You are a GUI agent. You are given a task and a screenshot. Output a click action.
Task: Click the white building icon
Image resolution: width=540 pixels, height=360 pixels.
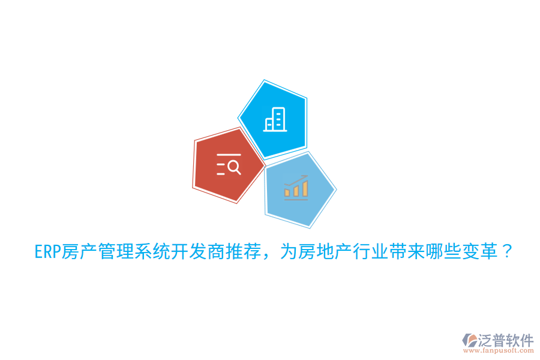(275, 120)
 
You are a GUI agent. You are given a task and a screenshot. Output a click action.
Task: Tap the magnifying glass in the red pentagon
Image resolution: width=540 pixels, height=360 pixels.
(234, 167)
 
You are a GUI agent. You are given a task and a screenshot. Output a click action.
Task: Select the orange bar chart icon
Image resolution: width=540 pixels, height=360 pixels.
(296, 188)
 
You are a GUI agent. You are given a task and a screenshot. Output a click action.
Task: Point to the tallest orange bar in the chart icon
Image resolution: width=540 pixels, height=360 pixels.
(305, 188)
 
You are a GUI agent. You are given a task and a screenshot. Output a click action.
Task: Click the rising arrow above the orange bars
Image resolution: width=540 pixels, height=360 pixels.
(296, 181)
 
